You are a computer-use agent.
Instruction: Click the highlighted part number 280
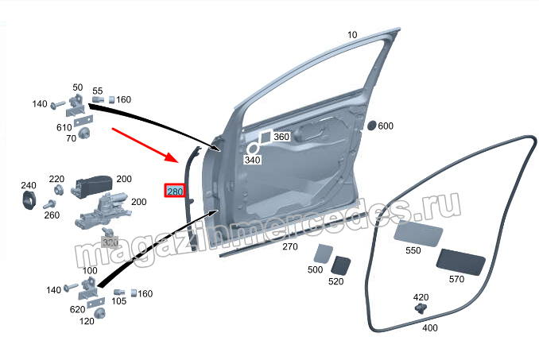(174, 192)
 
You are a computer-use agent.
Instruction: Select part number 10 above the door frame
(352, 35)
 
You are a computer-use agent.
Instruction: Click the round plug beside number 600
(370, 126)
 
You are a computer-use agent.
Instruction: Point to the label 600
(386, 126)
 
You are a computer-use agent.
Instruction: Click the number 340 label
(253, 161)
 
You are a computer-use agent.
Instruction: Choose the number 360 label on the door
(281, 137)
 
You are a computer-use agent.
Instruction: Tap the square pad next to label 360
(266, 136)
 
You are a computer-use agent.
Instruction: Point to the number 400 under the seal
(429, 328)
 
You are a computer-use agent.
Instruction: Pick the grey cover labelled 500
(321, 254)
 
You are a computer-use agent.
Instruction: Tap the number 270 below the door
(290, 246)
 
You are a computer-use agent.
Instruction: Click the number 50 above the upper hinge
(78, 87)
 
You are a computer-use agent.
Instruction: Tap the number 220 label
(56, 179)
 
